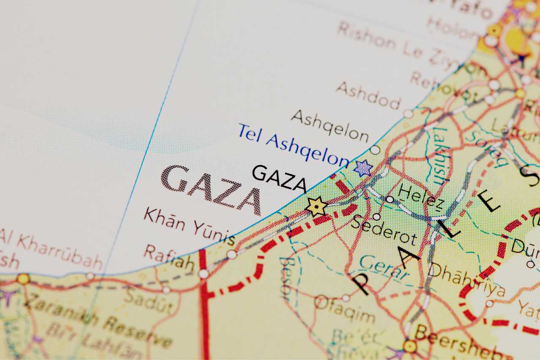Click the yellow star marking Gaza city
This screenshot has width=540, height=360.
click(x=316, y=207)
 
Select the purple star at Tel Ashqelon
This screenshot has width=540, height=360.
click(x=363, y=168)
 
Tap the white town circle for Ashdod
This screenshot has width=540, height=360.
click(x=408, y=113)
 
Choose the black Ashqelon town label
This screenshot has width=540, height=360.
click(x=330, y=125)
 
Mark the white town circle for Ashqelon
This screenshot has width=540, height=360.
click(x=375, y=149)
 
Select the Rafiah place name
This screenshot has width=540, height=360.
click(x=169, y=257)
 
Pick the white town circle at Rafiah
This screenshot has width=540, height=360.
click(x=203, y=274)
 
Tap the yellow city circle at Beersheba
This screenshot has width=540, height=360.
click(x=410, y=346)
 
